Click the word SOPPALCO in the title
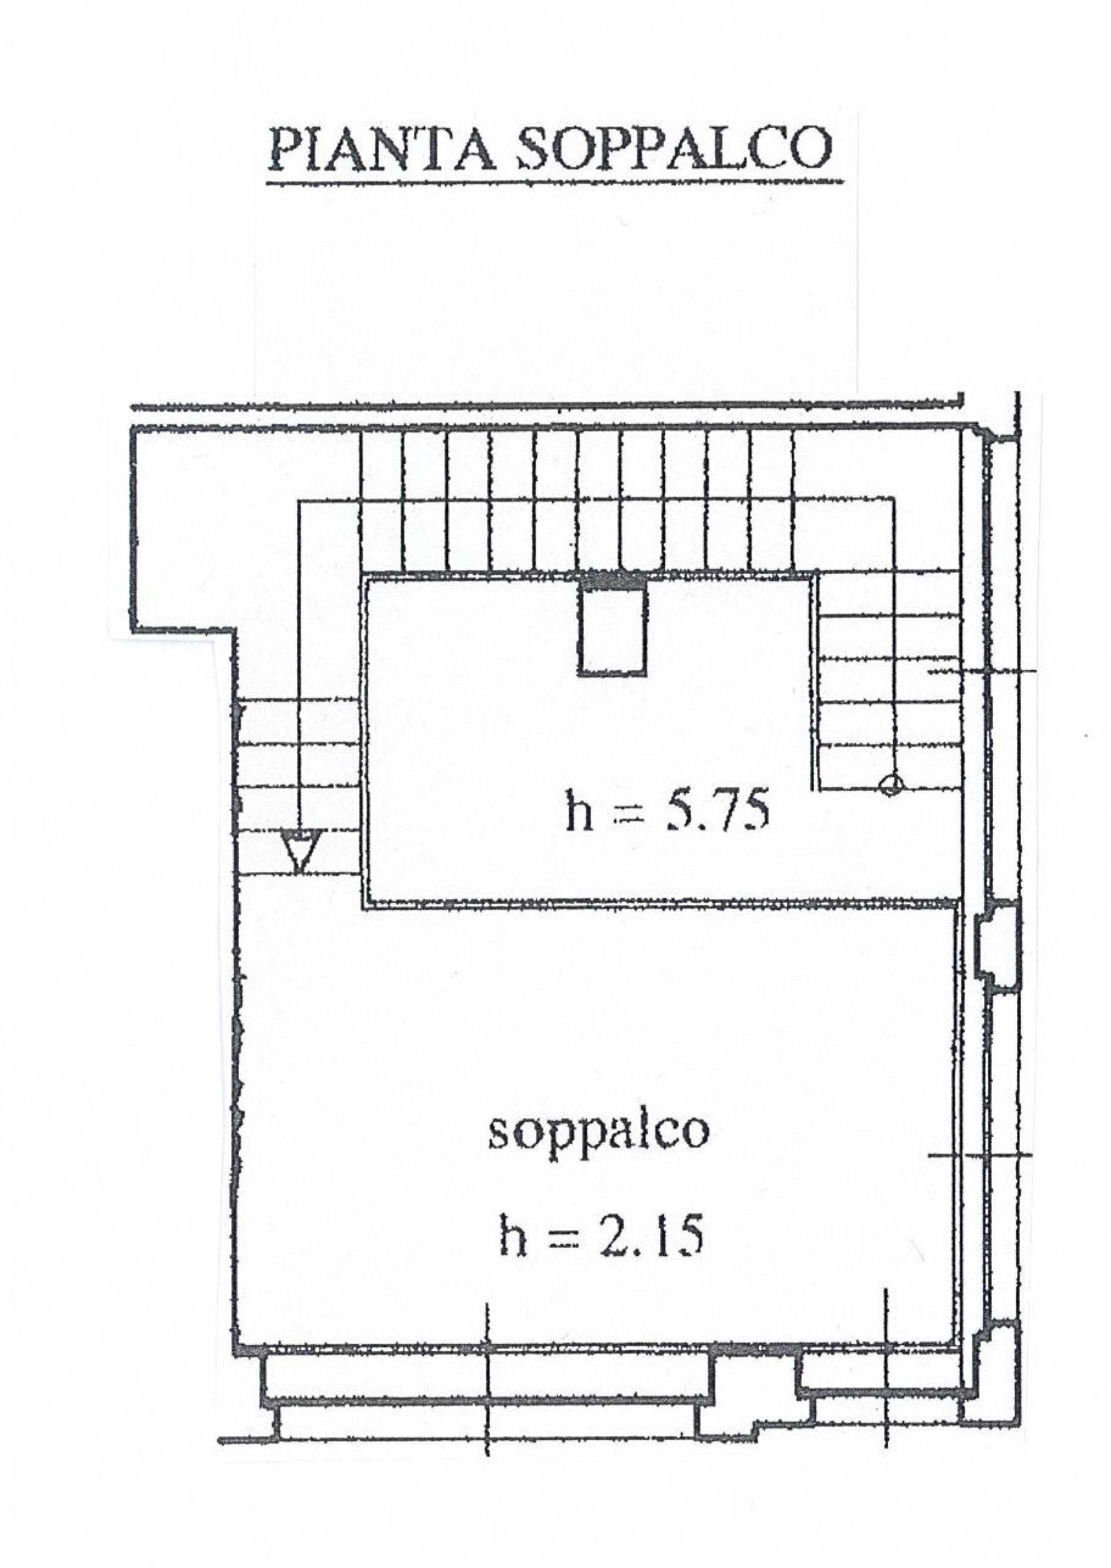coord(673,148)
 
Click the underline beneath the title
coord(554,183)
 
